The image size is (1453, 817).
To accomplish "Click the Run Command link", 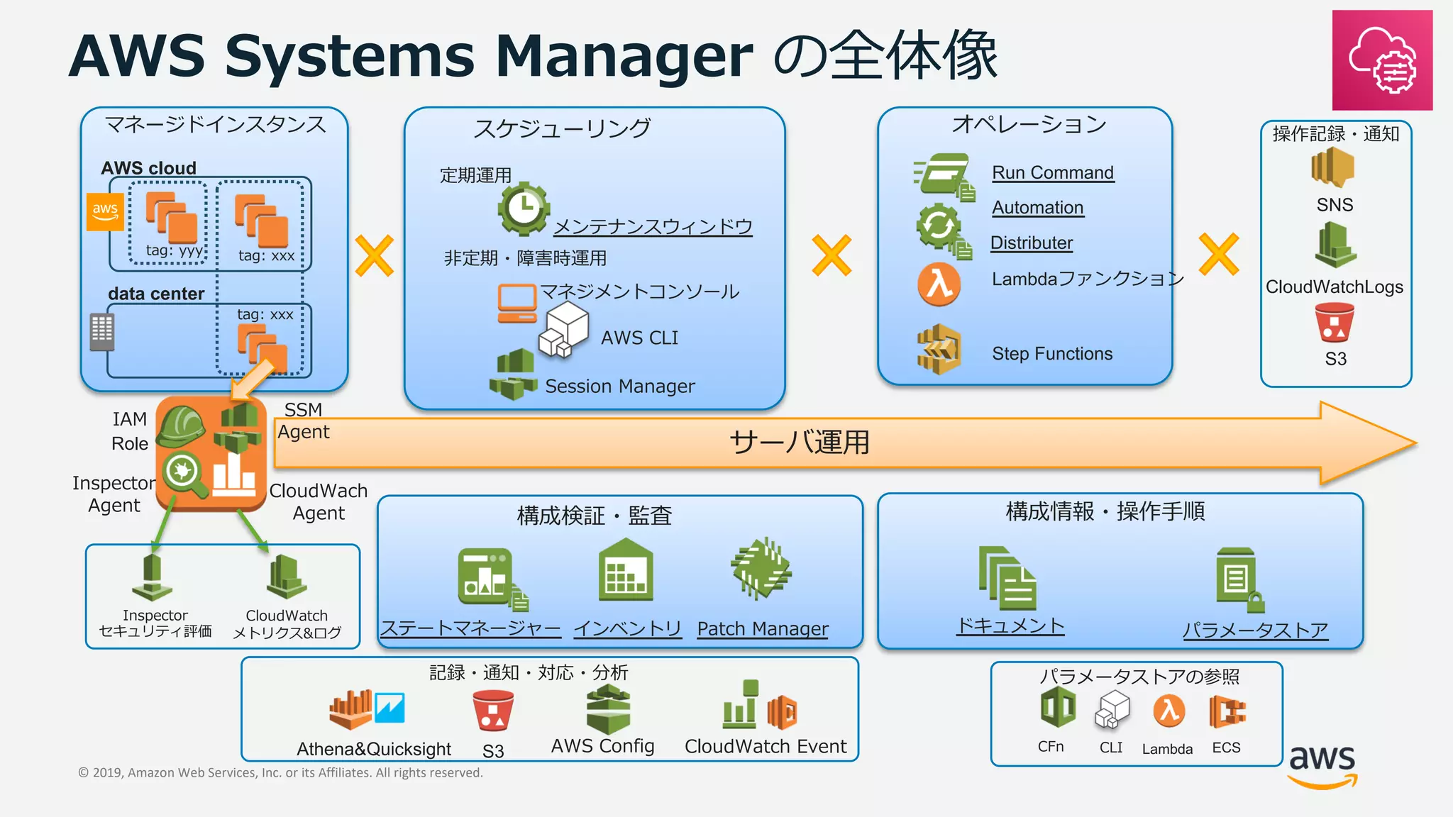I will click(x=1052, y=173).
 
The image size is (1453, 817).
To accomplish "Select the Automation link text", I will click(x=1037, y=208).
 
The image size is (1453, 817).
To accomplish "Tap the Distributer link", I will click(x=1031, y=243).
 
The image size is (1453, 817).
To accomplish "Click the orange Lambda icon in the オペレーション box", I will click(x=939, y=284).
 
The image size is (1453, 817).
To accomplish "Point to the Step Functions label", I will click(x=1051, y=354).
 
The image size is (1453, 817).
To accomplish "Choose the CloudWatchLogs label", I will click(x=1334, y=287).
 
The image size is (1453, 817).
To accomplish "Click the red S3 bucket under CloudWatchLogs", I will click(x=1334, y=323).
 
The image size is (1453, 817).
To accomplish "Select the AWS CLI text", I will click(x=639, y=338).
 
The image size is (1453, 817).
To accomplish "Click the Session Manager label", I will click(x=619, y=387).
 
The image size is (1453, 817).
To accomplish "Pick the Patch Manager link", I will click(x=762, y=629).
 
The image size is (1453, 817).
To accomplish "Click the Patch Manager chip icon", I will click(x=761, y=569).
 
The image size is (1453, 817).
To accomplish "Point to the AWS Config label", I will click(x=602, y=746).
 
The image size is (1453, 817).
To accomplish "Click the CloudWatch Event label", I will click(x=765, y=747).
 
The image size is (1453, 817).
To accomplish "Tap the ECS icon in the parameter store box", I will click(x=1227, y=711).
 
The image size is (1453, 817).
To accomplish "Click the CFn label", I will click(x=1050, y=747).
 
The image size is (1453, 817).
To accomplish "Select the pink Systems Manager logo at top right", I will click(x=1381, y=60).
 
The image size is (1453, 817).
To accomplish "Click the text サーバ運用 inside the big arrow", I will click(x=799, y=443).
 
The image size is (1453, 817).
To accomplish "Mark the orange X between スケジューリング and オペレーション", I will click(x=831, y=255).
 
